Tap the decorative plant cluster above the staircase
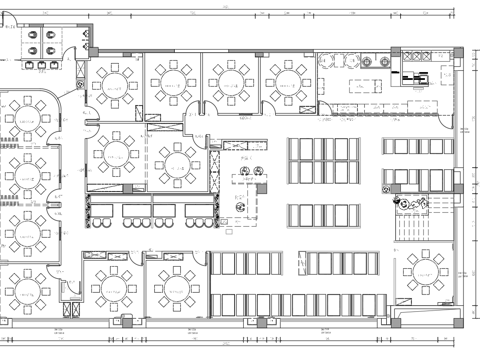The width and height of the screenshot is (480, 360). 412,204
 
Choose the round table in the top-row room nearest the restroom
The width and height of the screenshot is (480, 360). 118,82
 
